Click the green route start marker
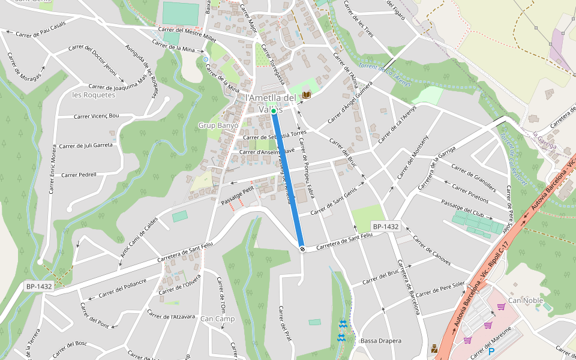(273, 111)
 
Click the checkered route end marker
(302, 248)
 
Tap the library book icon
(307, 95)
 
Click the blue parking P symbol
(492, 352)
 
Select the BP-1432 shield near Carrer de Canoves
(385, 226)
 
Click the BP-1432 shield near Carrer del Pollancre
(39, 286)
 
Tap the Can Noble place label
(525, 300)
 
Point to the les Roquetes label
(93, 95)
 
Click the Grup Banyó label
(218, 125)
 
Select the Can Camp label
(217, 319)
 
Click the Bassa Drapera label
(381, 341)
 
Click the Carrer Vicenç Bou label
(97, 116)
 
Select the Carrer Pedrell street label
(79, 175)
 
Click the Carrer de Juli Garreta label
(86, 145)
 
